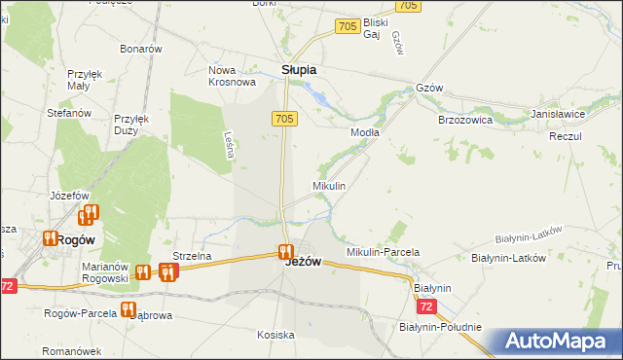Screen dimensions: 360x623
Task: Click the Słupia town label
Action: coord(299,70)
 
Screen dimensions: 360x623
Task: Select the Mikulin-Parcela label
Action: coord(383,252)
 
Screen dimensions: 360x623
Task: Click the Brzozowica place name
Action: coord(464,121)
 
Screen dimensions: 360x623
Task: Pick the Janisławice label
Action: coord(557,114)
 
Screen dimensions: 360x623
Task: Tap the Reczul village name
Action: coord(565,136)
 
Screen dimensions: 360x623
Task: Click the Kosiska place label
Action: coord(275,335)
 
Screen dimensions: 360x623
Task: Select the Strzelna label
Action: coord(192,256)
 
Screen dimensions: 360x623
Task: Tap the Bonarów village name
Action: coord(140,49)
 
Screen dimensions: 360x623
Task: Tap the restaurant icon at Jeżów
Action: coord(285,251)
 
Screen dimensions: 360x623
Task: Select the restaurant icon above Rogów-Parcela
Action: coord(127,309)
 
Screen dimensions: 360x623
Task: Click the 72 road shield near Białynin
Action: coord(425,306)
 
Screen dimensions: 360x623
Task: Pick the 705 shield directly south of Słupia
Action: coord(283,118)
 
